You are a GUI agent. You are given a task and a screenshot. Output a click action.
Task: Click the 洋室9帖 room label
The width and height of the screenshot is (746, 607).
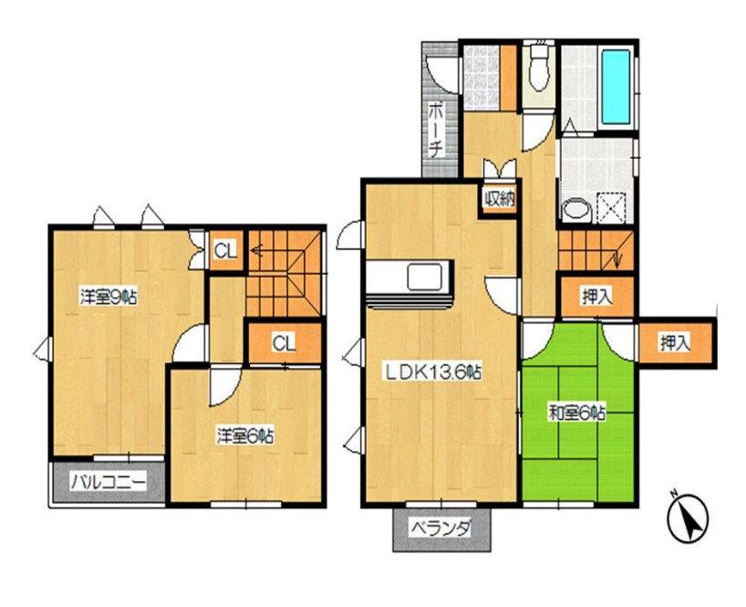click(x=108, y=298)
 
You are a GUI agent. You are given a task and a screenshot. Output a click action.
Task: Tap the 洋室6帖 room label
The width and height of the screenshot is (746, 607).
click(x=245, y=436)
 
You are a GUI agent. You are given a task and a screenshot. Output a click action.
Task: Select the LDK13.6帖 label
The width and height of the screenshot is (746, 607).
click(x=433, y=372)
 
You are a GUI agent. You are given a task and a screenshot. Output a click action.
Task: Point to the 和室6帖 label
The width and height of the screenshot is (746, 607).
click(x=577, y=413)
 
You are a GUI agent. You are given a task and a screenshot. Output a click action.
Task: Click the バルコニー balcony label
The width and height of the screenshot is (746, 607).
click(x=109, y=483)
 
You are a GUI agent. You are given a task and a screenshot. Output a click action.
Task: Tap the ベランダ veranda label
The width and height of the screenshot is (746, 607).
click(x=441, y=528)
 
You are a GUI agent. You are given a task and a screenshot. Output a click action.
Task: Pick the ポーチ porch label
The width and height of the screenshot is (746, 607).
click(x=435, y=130)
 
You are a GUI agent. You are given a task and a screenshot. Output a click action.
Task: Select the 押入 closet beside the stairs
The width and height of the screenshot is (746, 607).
click(x=597, y=298)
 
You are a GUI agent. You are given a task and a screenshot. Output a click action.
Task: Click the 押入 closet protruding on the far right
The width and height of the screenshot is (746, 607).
click(x=675, y=343)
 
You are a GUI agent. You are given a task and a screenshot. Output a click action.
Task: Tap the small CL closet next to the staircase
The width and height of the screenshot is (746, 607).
click(x=225, y=251)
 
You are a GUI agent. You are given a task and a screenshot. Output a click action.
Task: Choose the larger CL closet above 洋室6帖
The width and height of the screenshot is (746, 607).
click(x=284, y=343)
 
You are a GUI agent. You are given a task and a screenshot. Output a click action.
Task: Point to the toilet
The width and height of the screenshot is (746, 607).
click(x=539, y=71)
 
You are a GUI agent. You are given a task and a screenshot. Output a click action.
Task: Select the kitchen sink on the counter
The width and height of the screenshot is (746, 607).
click(x=424, y=277)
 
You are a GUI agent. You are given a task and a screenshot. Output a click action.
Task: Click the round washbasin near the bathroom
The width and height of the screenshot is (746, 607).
click(x=576, y=210)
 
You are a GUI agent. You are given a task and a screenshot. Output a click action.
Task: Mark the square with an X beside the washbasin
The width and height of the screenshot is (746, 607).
click(x=612, y=207)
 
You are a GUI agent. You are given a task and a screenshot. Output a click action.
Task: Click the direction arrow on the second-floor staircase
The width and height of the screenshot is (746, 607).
click(x=257, y=249)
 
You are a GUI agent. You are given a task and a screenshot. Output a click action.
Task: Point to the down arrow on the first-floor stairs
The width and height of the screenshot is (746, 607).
click(x=617, y=258)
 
